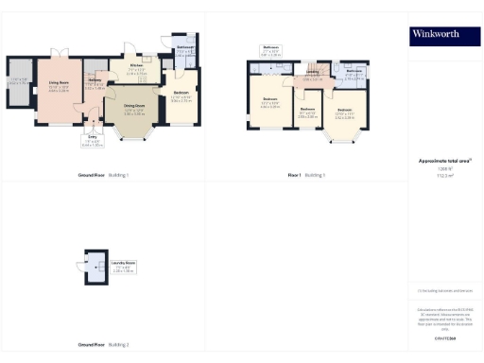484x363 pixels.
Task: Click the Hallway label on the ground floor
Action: tap(95, 81)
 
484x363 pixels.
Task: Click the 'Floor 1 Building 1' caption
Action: tap(306, 176)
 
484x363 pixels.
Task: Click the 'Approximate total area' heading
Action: tap(438, 162)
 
